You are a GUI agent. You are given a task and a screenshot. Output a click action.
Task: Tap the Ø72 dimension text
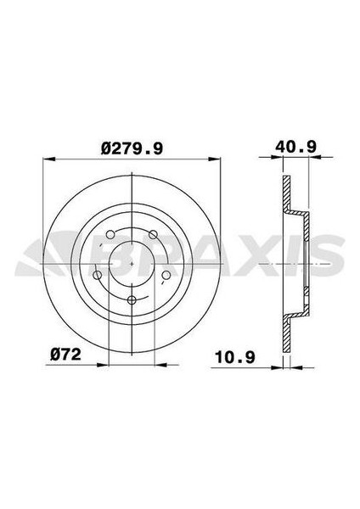(66, 353)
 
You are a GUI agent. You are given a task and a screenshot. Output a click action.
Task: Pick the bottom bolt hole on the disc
(131, 301)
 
